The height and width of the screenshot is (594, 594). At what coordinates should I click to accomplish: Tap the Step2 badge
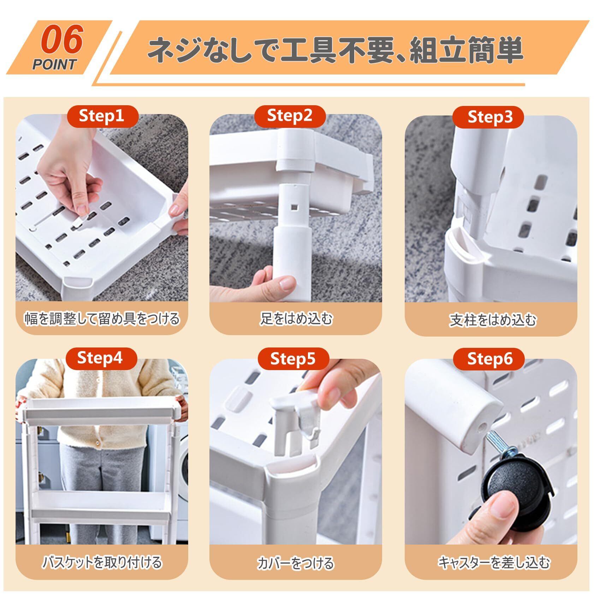[x=290, y=116]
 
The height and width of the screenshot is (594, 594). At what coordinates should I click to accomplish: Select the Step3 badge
[x=488, y=117]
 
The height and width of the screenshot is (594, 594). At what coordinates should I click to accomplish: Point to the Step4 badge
[x=101, y=358]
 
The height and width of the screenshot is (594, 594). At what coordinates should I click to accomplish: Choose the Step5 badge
[x=293, y=359]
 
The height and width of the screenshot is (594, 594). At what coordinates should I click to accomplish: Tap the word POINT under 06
[x=54, y=65]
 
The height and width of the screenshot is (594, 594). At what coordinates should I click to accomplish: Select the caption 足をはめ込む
[x=296, y=319]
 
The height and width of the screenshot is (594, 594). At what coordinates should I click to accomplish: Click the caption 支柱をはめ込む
[x=492, y=320]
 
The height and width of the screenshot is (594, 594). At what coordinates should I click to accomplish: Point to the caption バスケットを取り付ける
[x=102, y=562]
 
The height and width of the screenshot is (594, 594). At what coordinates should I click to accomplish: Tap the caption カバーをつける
[x=296, y=563]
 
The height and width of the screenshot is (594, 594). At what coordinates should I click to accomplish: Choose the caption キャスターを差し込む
[x=494, y=562]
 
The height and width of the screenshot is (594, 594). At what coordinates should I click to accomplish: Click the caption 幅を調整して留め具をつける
[x=102, y=319]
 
